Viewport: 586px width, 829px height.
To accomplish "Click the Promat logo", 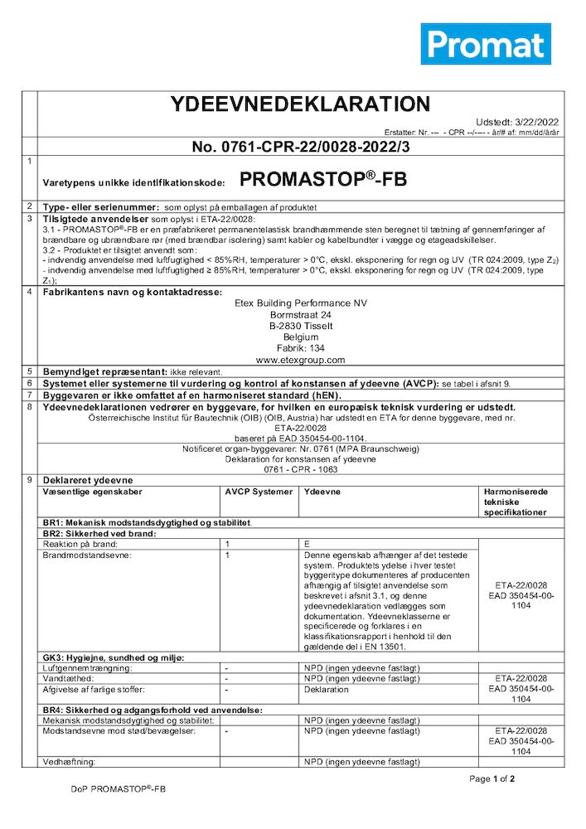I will [485, 44].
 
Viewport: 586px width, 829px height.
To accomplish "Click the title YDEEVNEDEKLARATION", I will [300, 104].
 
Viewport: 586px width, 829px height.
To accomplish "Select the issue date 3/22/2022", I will [531, 121].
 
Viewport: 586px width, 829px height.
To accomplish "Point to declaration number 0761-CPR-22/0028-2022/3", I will [301, 147].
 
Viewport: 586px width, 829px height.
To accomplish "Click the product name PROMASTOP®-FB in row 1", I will [322, 179].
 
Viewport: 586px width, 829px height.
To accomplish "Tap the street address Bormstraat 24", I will [300, 315].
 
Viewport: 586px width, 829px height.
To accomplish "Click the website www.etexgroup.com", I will [300, 360].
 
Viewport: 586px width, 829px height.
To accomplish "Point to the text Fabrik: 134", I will [300, 349].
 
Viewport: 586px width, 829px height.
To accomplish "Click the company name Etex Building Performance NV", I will [300, 303].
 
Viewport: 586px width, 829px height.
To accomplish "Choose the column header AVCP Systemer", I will [259, 492].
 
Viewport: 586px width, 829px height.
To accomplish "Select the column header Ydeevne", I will [322, 492].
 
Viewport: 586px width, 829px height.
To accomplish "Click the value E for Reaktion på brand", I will [308, 543].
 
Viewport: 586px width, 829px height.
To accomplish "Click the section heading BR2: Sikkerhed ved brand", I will [99, 533].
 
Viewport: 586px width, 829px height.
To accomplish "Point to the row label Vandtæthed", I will [68, 677].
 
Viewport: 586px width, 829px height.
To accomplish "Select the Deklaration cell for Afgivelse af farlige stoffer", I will [327, 688].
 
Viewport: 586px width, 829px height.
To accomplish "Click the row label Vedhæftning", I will [70, 761].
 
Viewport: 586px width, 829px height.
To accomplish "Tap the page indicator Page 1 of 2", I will [492, 778].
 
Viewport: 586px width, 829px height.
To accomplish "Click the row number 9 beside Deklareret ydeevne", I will [30, 480].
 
